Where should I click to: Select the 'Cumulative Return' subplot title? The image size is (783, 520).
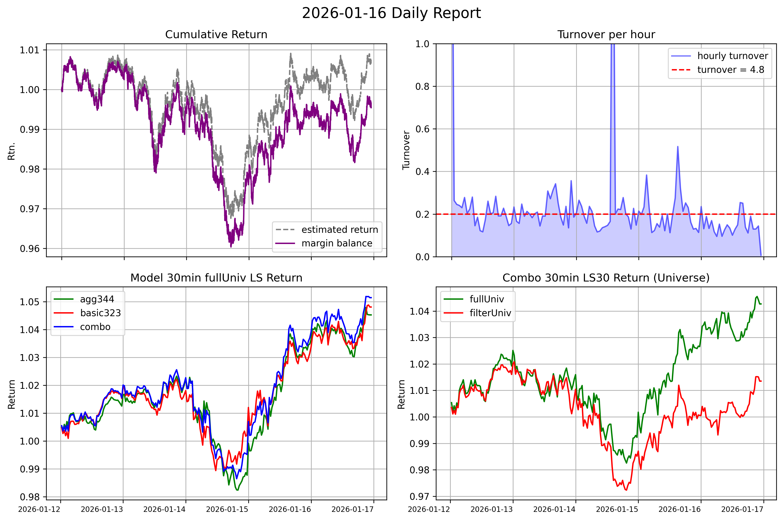pyautogui.click(x=216, y=34)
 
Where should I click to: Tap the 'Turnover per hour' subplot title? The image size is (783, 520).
pyautogui.click(x=606, y=34)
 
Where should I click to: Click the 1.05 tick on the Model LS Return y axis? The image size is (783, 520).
pyautogui.click(x=30, y=302)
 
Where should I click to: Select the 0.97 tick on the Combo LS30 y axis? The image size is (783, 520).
pyautogui.click(x=419, y=497)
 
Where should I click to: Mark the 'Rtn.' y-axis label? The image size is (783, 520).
pyautogui.click(x=12, y=151)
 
